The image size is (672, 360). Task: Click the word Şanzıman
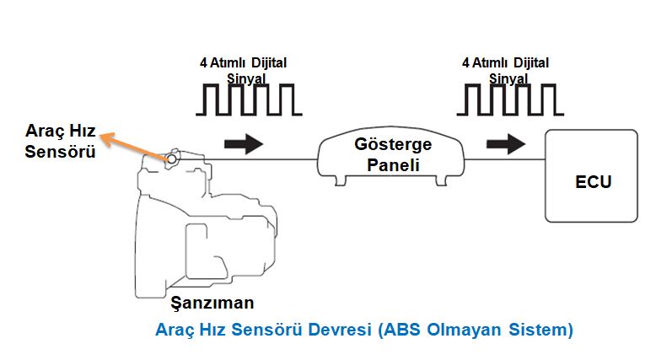(212, 302)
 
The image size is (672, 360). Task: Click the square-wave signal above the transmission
(248, 98)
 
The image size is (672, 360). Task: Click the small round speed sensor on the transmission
(171, 158)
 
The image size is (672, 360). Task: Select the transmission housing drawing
(202, 228)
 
